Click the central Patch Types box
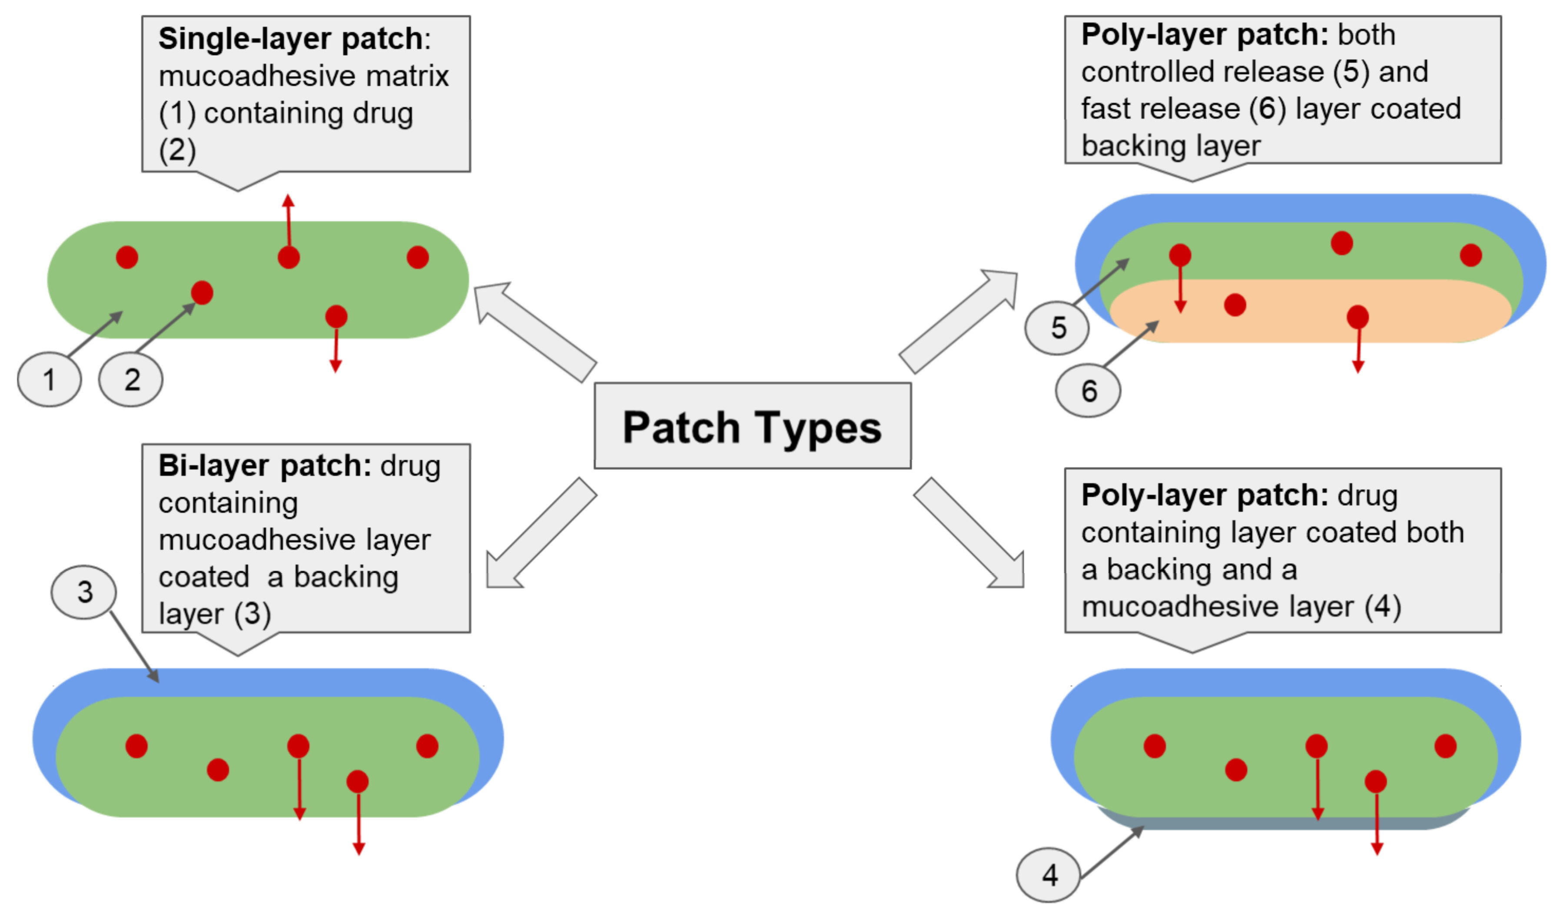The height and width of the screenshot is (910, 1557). point(752,426)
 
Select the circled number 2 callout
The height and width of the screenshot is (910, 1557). point(131,379)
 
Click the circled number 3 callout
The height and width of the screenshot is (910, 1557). point(84,592)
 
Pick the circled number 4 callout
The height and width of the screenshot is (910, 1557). point(1049,875)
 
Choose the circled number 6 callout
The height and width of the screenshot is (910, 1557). point(1088,391)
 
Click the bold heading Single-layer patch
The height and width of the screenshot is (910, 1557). point(290,39)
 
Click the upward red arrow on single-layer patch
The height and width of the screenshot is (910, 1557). point(289,223)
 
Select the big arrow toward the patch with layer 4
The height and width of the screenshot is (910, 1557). point(970,535)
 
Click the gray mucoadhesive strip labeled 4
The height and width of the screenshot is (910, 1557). point(1285,823)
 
